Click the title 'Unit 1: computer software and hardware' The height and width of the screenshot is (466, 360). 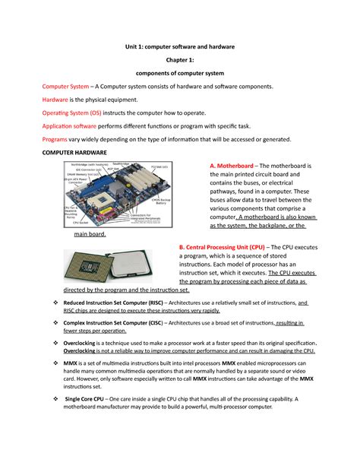pos(180,47)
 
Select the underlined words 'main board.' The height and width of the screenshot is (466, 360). pos(89,235)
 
